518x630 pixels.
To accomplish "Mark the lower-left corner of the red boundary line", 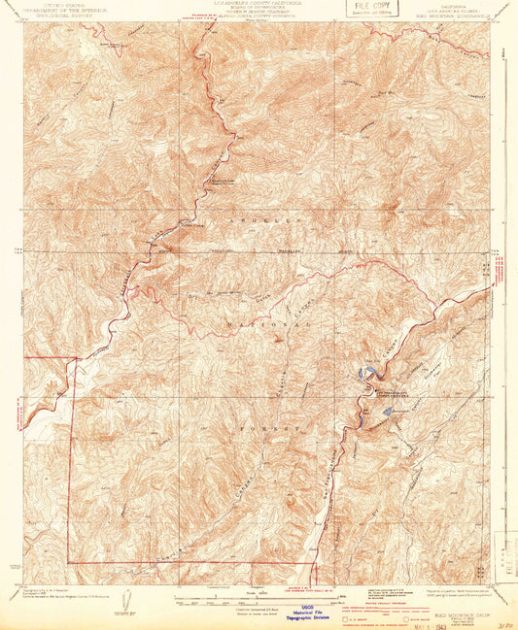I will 68,562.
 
